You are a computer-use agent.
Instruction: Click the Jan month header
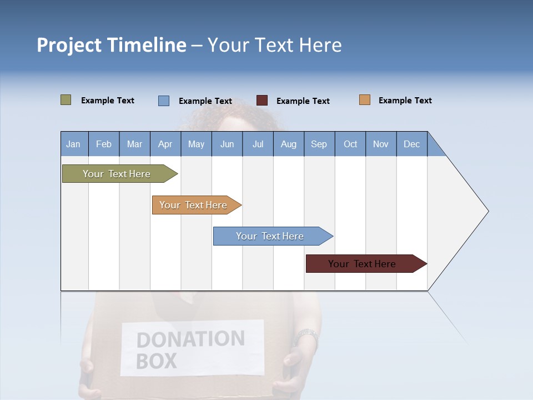[73, 144]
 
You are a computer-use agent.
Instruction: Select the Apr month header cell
[165, 144]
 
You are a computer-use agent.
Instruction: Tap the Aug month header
[288, 144]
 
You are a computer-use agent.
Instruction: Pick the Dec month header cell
[411, 144]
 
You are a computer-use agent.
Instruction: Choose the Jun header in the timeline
[227, 144]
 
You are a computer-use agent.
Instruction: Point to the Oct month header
[350, 144]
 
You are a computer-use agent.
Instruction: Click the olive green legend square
[66, 100]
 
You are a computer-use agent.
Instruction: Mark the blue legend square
[163, 101]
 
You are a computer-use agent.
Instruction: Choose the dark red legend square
[262, 101]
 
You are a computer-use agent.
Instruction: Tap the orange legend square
[364, 100]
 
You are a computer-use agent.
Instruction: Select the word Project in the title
[69, 45]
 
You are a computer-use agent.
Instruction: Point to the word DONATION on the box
[190, 339]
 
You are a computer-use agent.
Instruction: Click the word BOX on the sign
[156, 361]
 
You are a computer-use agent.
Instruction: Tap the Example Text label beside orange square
[405, 100]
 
